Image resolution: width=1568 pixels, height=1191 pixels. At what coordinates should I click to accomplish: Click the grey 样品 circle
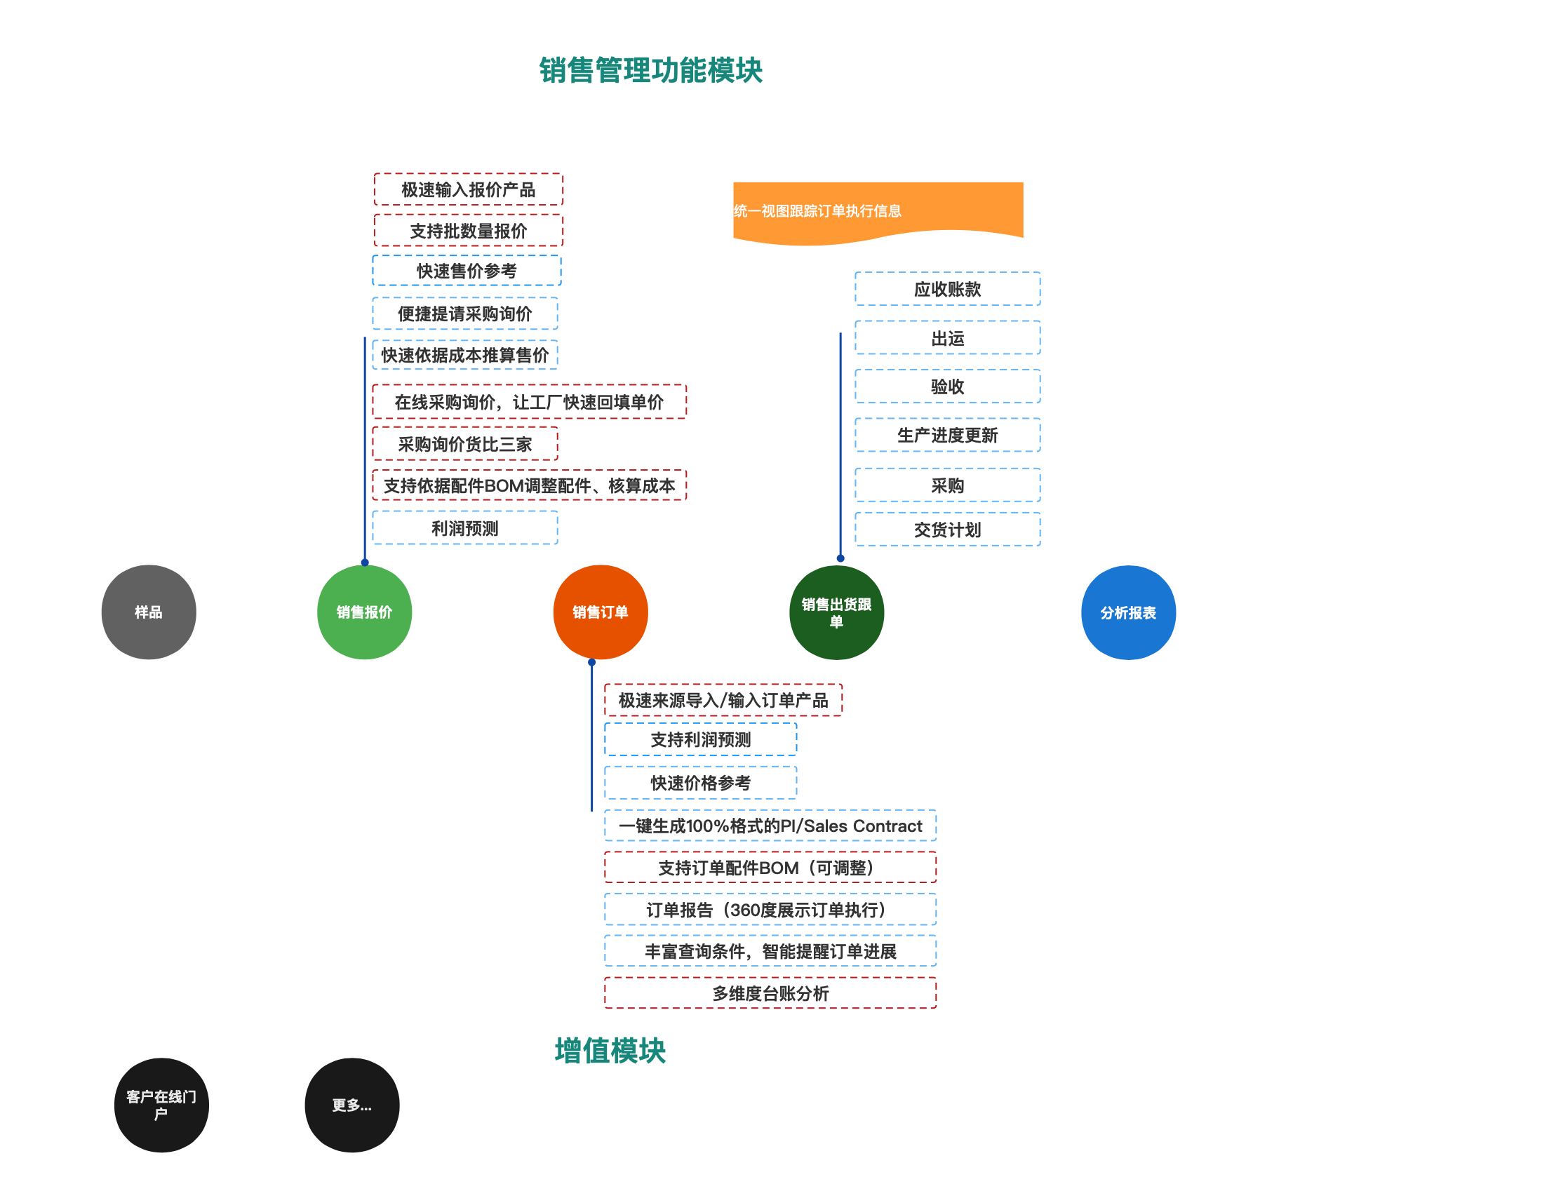click(148, 612)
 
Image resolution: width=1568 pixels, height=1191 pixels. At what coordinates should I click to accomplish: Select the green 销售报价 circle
click(364, 612)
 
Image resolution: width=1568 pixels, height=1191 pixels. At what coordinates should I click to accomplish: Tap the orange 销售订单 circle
click(600, 612)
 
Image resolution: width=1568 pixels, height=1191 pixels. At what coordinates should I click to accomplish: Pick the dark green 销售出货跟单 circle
click(836, 612)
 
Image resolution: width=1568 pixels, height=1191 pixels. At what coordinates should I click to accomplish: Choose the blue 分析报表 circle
click(1127, 612)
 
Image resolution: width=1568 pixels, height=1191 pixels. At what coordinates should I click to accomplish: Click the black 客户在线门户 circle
click(161, 1105)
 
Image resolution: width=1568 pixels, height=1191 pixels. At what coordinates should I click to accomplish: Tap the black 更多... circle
click(351, 1105)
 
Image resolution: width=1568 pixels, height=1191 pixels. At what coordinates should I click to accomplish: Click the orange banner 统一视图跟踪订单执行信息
click(877, 210)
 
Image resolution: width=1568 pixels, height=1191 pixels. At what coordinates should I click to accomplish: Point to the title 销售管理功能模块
click(650, 70)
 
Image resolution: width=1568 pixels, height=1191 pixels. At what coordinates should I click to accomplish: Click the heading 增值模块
click(610, 1051)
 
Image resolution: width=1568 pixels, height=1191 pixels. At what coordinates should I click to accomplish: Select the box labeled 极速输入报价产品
click(468, 189)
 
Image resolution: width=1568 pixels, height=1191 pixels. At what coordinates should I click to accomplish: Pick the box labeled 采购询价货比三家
click(464, 445)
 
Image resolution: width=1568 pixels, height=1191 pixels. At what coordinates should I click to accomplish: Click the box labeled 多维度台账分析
click(770, 993)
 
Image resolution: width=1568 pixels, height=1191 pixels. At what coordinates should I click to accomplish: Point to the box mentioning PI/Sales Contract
click(770, 826)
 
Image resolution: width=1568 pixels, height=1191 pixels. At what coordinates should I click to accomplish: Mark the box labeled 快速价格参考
click(700, 783)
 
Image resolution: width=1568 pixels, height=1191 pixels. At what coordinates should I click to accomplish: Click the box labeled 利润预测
click(464, 528)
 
